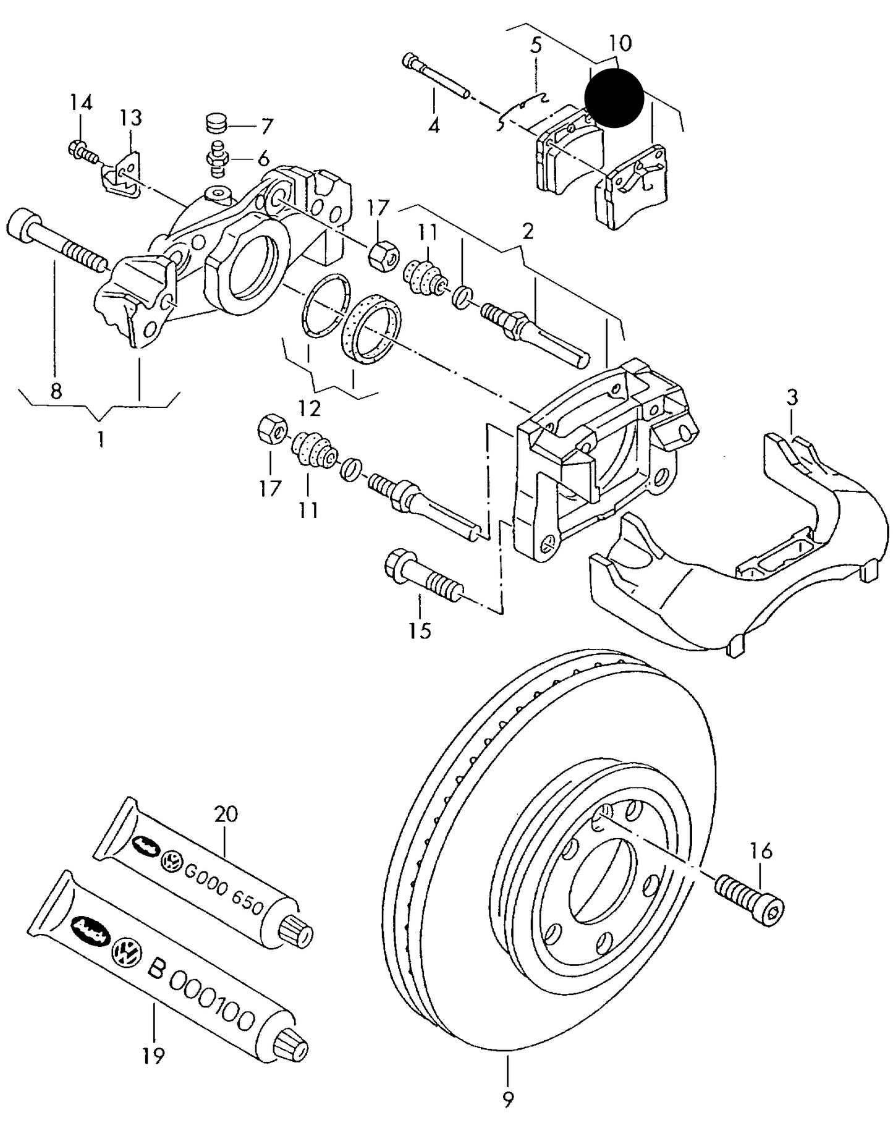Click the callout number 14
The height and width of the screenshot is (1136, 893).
[80, 103]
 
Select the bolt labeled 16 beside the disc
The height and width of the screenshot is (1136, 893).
[749, 897]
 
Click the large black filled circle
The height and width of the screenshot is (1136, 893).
[614, 98]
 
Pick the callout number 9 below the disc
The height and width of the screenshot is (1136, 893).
[508, 1098]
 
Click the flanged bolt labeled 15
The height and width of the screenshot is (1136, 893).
[423, 574]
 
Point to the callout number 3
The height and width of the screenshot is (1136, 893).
[792, 397]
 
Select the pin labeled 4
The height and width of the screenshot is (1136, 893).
[436, 78]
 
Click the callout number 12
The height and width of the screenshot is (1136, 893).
[310, 408]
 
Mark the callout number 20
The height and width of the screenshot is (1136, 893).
[226, 814]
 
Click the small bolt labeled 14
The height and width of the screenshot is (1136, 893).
[81, 150]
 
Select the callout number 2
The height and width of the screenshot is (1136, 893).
[527, 232]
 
